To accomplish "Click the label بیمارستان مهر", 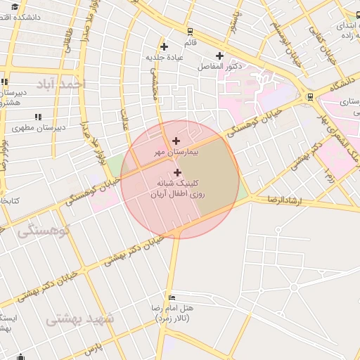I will pos(176,152).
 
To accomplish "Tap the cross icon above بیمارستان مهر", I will pos(176,141).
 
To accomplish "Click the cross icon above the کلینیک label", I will pos(176,172).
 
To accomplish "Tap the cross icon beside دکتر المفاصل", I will pos(220,56).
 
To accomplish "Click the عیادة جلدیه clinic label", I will pos(165,57).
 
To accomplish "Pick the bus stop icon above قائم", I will pos(190,32).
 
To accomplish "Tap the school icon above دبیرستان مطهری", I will pos(37,117).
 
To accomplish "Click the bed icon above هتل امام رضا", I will pos(172,297).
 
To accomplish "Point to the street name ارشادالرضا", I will pos(285,200).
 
